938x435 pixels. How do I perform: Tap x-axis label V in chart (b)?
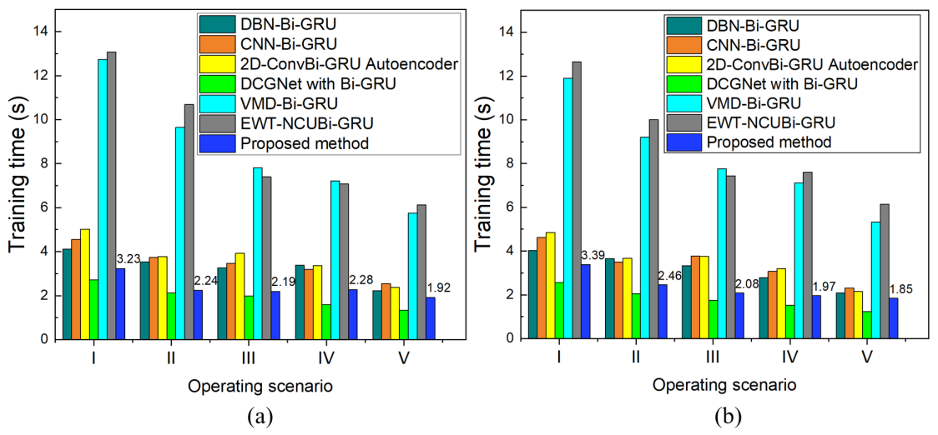pyautogui.click(x=866, y=358)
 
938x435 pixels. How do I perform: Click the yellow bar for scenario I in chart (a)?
pyautogui.click(x=84, y=284)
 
